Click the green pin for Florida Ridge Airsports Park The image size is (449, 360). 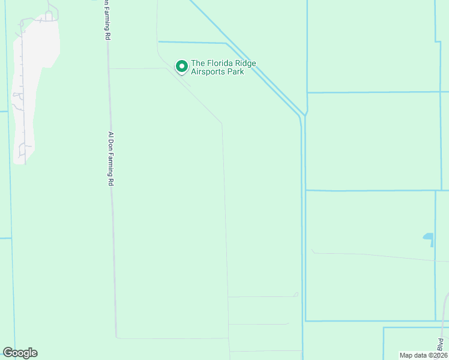tap(181, 66)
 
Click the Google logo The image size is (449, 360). tap(20, 353)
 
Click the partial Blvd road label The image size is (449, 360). tap(440, 344)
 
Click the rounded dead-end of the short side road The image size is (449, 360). tap(296, 294)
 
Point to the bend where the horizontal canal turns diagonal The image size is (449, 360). tap(226, 43)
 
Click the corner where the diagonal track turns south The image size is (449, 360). tap(222, 124)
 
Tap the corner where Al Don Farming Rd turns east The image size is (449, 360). tap(116, 337)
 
